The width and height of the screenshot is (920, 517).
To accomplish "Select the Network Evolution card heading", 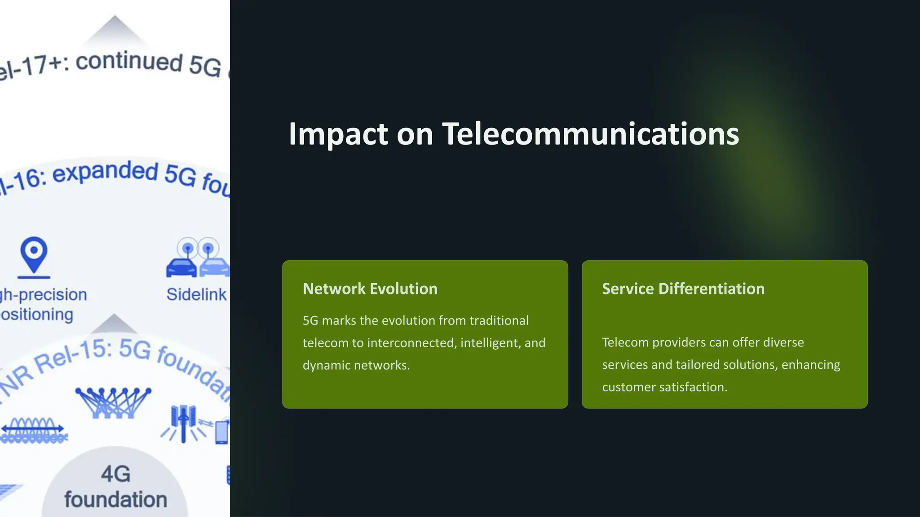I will [x=370, y=289].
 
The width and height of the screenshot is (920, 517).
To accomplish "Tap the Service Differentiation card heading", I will [x=683, y=289].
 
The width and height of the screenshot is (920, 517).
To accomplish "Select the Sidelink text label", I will [x=196, y=294].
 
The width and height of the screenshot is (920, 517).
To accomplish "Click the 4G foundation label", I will [x=115, y=487].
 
